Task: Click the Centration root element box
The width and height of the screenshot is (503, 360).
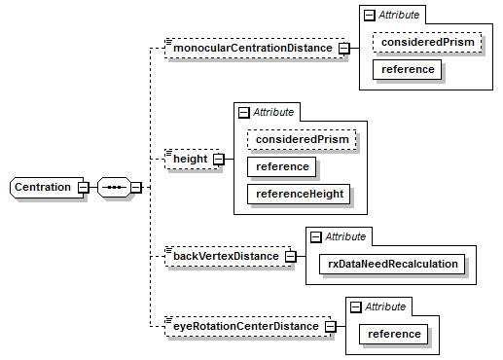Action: [44, 187]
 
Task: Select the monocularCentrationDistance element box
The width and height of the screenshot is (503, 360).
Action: [253, 49]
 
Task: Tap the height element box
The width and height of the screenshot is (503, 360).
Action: [190, 159]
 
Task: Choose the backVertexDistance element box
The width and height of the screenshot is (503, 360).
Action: [226, 257]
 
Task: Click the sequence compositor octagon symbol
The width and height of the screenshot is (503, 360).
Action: [114, 187]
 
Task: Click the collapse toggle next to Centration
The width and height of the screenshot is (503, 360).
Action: [84, 187]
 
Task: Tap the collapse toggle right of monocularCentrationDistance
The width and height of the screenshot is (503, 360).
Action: [343, 49]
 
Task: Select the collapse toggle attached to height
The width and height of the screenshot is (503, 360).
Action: [218, 159]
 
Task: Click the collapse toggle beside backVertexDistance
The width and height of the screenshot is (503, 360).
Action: [290, 257]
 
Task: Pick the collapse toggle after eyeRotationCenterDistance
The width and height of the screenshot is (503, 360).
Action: [330, 326]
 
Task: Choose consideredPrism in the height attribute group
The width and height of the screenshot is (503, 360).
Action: [301, 140]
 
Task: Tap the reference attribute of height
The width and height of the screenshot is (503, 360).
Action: [282, 166]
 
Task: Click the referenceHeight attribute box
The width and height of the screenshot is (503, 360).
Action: [299, 195]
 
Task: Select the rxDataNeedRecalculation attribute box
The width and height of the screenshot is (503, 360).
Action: [388, 263]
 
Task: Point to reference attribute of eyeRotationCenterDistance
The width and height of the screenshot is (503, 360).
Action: [394, 334]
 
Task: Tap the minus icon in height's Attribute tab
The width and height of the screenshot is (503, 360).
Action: [243, 113]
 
